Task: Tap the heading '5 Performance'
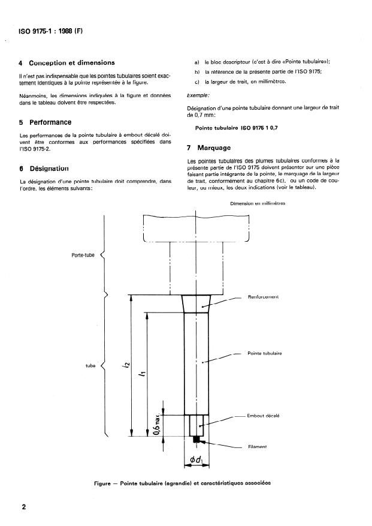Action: (46, 122)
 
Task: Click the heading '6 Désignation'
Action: (44, 169)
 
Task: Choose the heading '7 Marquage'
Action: (210, 147)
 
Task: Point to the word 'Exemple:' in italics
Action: (199, 95)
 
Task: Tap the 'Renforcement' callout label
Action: (264, 296)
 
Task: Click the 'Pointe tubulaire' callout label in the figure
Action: (265, 353)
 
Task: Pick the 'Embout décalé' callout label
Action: (264, 415)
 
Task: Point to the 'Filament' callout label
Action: (258, 447)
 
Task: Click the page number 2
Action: (23, 507)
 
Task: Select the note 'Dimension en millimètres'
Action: (258, 204)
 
